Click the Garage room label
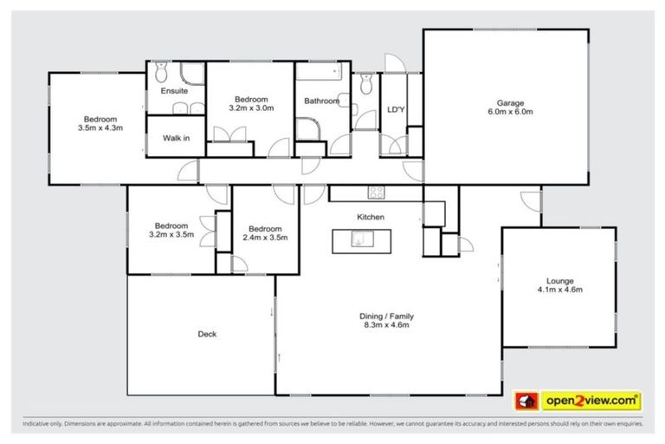click(x=509, y=102)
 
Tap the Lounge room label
click(x=558, y=280)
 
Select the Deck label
click(x=206, y=334)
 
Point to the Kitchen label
click(x=371, y=217)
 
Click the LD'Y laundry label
click(x=396, y=109)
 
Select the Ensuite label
click(x=174, y=91)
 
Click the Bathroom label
click(x=320, y=101)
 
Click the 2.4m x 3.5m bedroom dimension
click(x=264, y=237)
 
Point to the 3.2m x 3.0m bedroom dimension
click(x=251, y=108)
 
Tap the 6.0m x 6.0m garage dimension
click(x=509, y=112)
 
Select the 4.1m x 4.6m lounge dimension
click(x=558, y=290)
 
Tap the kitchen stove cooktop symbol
click(x=377, y=192)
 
